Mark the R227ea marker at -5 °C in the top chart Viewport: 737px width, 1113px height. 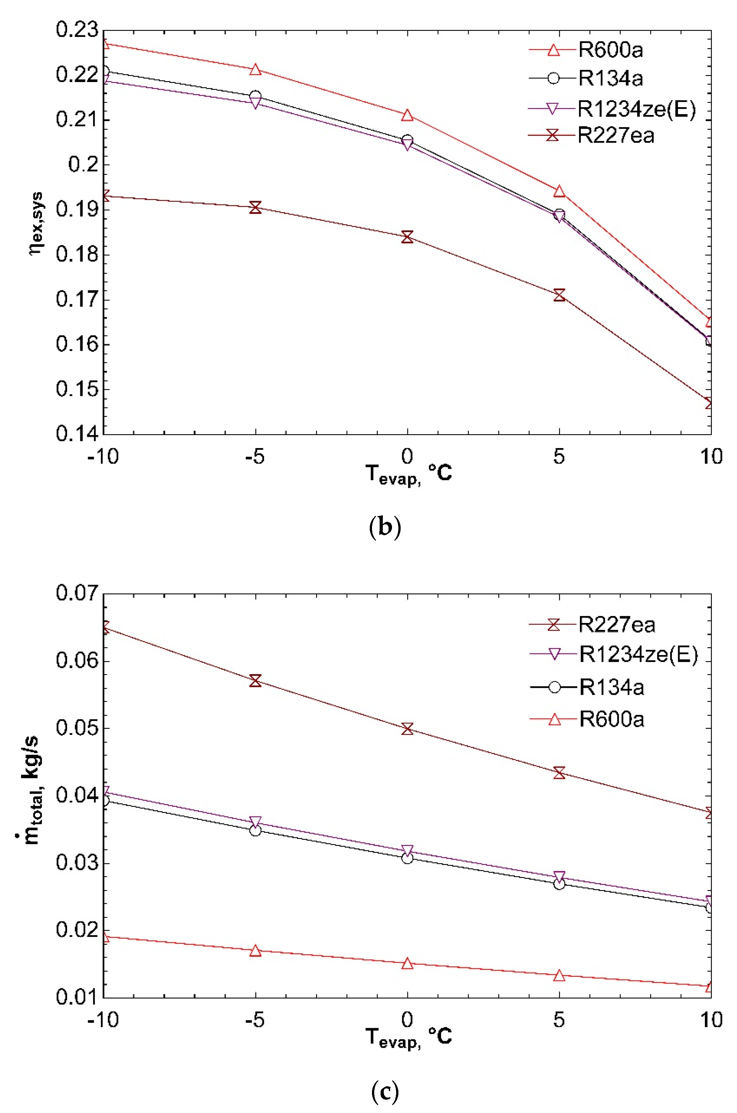(255, 207)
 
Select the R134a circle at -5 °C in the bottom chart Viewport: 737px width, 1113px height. (255, 831)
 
